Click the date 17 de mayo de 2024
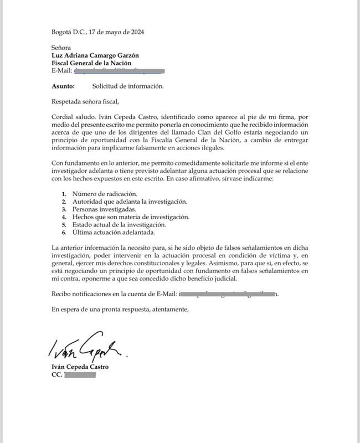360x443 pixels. tap(120, 32)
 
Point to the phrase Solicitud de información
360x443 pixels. tap(128, 87)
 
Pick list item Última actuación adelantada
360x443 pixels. tap(115, 233)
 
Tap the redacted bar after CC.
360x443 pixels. tap(80, 375)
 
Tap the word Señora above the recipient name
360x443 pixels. tap(62, 48)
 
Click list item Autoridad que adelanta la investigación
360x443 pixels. tap(130, 202)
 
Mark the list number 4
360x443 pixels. tap(64, 217)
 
